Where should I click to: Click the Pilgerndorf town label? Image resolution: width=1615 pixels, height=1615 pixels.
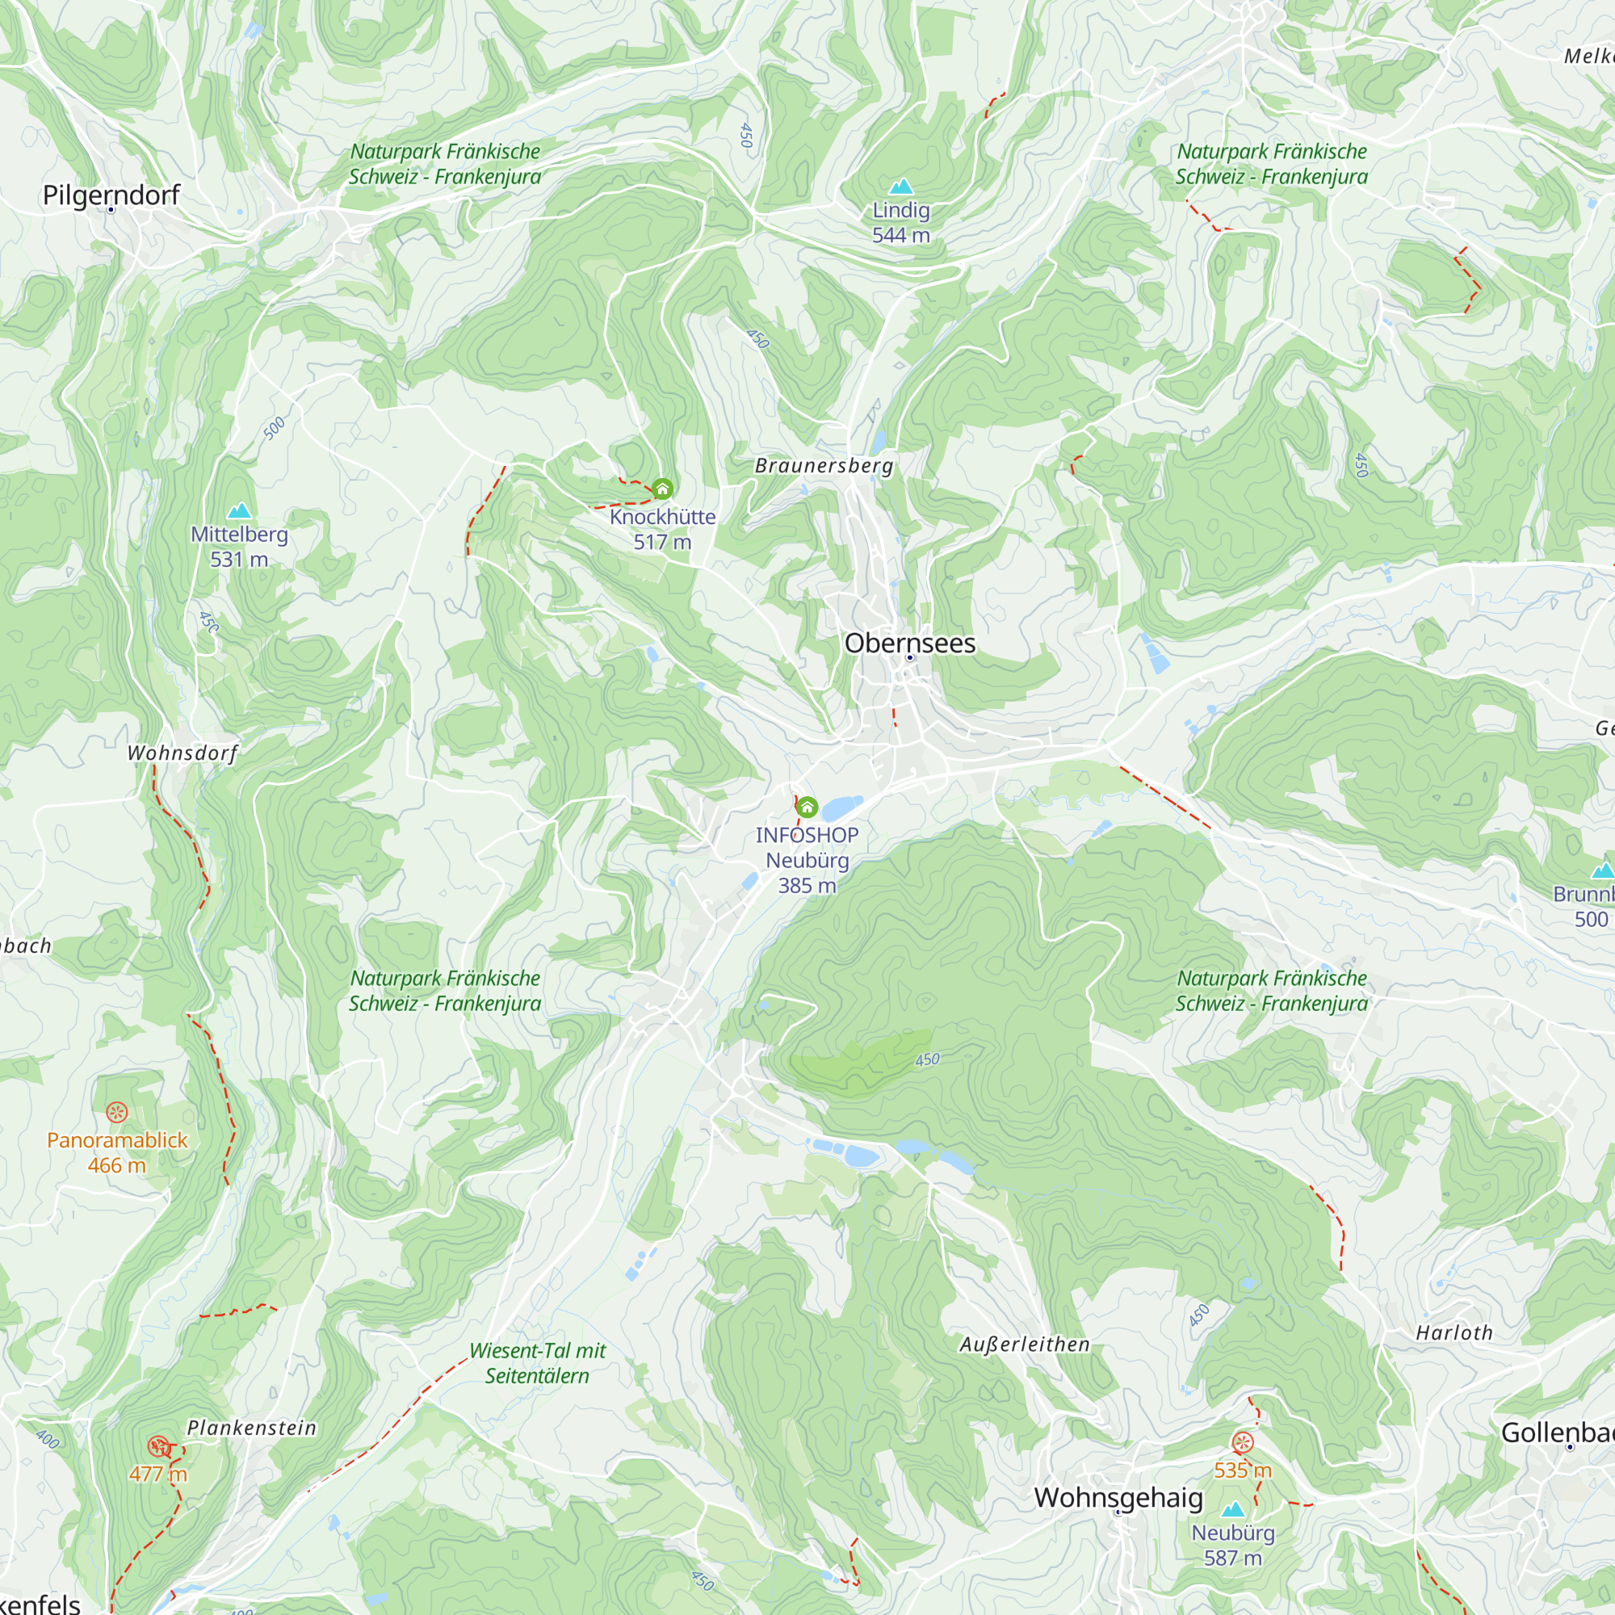click(x=111, y=195)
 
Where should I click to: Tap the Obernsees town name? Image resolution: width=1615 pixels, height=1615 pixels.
click(x=909, y=643)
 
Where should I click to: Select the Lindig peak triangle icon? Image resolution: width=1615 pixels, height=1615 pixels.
click(x=900, y=187)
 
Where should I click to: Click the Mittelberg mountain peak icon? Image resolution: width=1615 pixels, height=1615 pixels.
click(x=239, y=511)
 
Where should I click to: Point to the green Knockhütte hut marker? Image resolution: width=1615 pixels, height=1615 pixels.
click(x=663, y=489)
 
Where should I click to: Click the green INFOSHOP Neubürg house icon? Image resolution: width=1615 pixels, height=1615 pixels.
click(x=807, y=807)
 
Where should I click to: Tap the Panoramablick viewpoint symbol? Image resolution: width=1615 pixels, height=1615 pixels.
click(x=116, y=1112)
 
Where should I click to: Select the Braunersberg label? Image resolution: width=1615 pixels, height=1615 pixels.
click(x=824, y=466)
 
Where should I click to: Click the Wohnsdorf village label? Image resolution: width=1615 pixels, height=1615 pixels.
click(x=182, y=753)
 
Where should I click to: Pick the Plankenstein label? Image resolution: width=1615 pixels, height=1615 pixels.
click(x=252, y=1428)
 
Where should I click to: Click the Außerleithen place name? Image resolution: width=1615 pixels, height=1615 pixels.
click(x=1024, y=1344)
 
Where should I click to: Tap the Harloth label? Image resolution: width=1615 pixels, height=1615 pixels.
click(x=1453, y=1332)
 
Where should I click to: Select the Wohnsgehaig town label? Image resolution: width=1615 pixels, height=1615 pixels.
click(x=1118, y=1497)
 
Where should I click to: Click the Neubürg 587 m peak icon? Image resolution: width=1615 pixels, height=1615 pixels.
click(x=1233, y=1509)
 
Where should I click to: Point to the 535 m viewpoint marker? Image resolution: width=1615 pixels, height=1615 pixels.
click(x=1243, y=1442)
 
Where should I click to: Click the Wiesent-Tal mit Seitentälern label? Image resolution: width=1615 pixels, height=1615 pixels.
click(x=537, y=1362)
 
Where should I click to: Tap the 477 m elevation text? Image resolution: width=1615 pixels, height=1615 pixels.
click(x=158, y=1474)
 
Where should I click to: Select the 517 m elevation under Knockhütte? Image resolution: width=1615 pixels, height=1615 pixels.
click(x=662, y=542)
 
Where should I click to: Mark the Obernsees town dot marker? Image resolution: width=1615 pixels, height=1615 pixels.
click(x=909, y=658)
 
